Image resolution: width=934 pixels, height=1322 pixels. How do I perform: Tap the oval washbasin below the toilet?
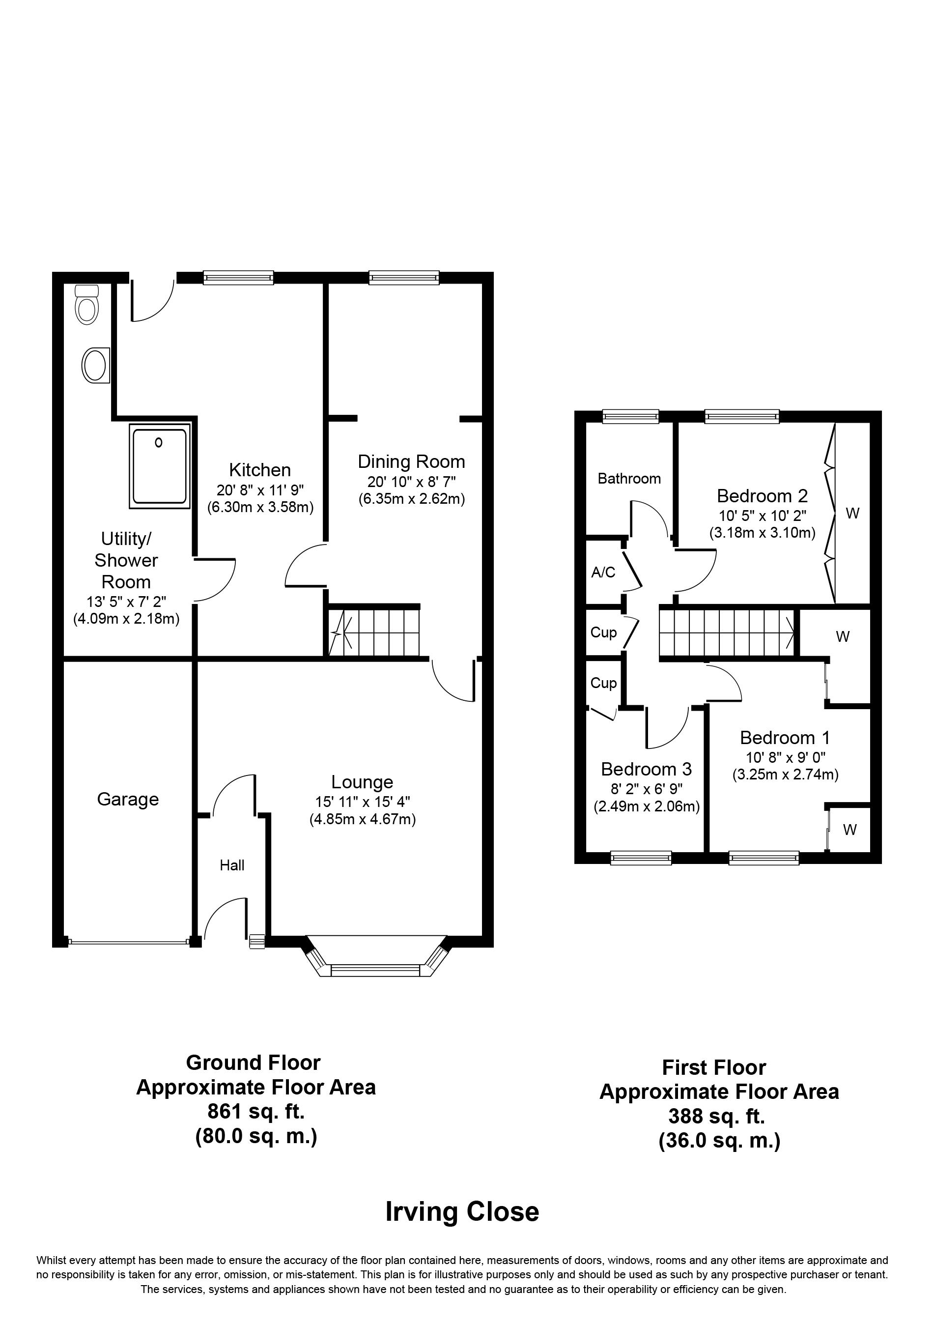coord(96,365)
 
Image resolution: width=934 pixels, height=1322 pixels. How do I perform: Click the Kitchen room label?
coord(260,470)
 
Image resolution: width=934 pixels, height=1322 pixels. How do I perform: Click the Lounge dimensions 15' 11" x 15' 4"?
coord(363,801)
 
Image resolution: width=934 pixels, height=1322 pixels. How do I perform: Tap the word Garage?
coord(128,799)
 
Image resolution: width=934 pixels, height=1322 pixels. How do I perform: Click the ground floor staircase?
coord(374,631)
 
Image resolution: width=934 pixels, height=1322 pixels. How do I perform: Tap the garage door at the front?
coord(128,942)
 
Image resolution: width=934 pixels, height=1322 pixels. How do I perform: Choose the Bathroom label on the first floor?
coord(629,479)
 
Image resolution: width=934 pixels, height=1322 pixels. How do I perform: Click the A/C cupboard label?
coord(603,573)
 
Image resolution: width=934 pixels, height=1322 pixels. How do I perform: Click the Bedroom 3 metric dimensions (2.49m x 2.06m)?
coord(647,806)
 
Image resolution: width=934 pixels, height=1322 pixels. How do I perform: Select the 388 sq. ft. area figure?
coord(716,1117)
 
